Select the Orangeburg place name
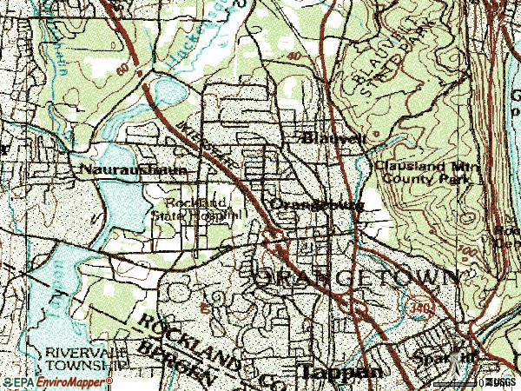point(315,205)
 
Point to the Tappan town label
point(340,371)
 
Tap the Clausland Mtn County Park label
point(422,172)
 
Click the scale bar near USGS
point(457,382)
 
